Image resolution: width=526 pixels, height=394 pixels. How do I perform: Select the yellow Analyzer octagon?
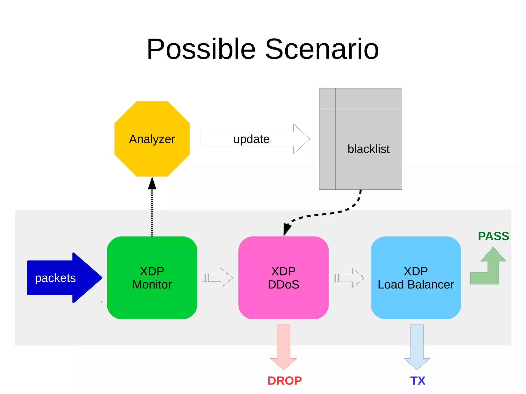(152, 139)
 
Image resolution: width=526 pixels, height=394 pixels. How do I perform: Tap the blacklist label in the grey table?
(368, 149)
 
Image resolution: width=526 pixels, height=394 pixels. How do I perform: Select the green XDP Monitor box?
(152, 278)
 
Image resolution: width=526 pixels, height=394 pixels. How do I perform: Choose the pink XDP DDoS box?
(283, 278)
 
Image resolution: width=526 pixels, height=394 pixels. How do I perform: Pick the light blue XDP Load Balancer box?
(416, 278)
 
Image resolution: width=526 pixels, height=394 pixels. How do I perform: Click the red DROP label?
(285, 381)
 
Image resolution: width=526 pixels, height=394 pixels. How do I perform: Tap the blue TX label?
(418, 381)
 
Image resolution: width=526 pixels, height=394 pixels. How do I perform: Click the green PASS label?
(493, 236)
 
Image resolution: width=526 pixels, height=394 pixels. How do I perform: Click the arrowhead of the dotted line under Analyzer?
(152, 184)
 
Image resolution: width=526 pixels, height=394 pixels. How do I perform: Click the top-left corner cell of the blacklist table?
(327, 98)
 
